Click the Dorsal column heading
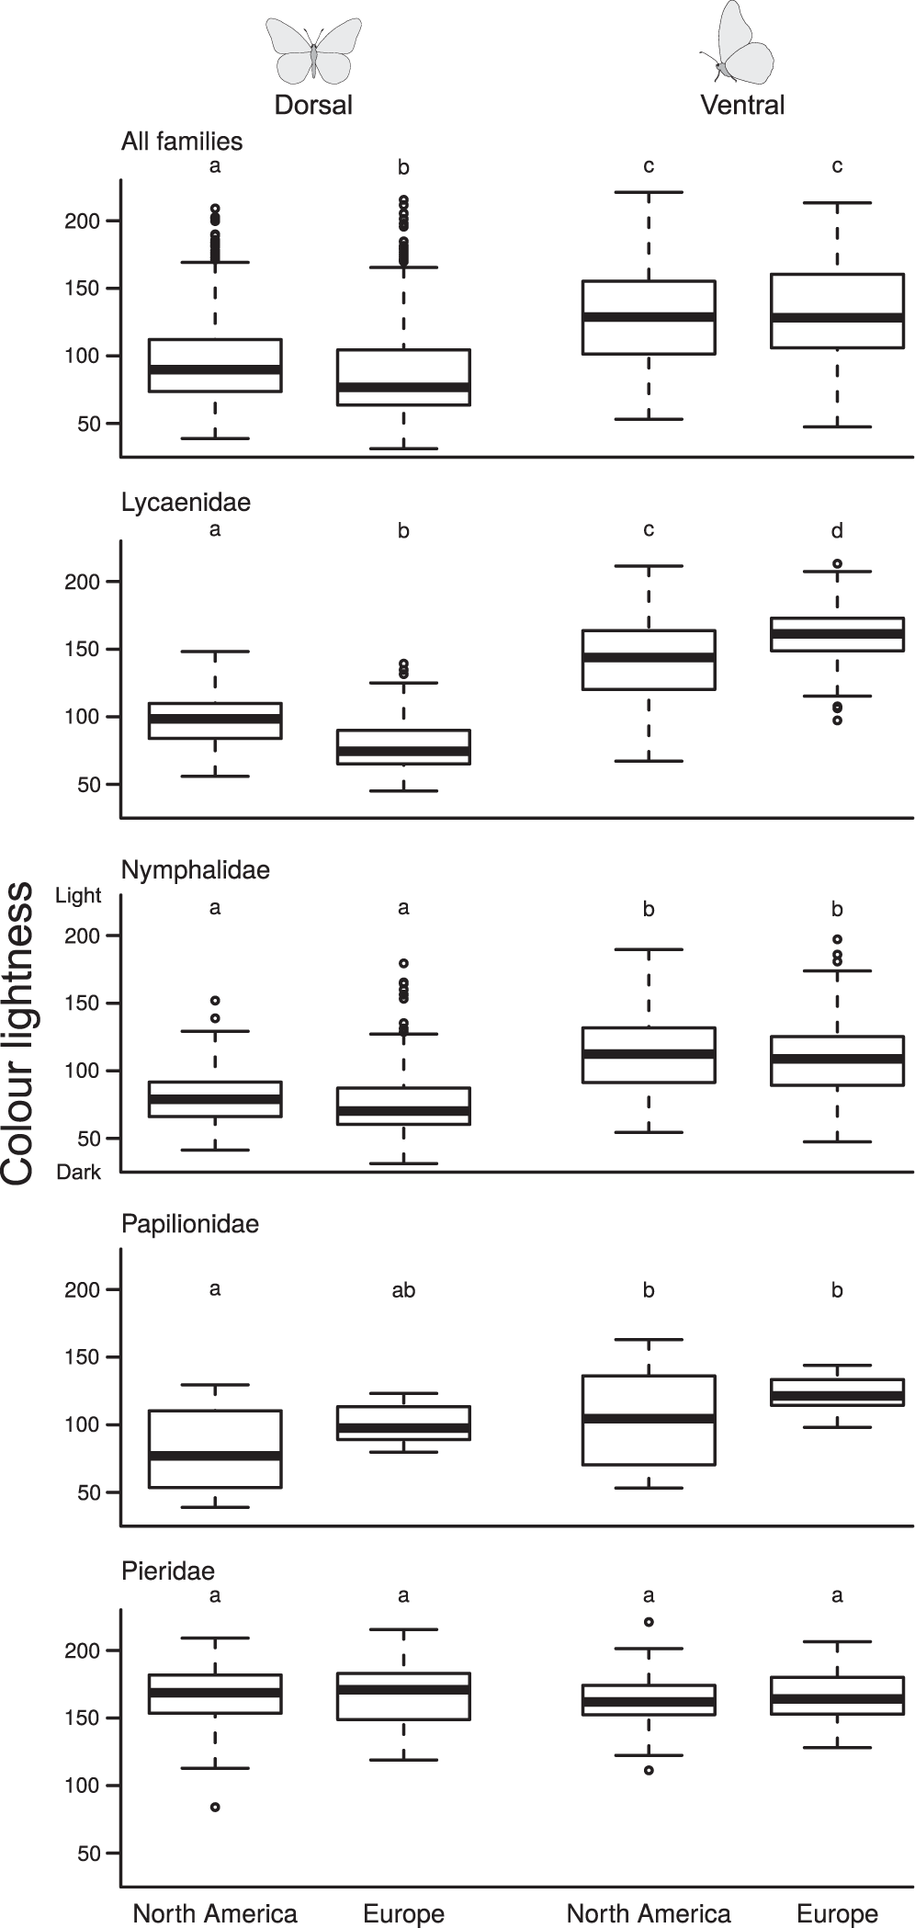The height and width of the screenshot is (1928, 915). pyautogui.click(x=313, y=105)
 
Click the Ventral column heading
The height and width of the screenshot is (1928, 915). pyautogui.click(x=742, y=105)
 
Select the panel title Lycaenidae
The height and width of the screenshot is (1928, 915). pyautogui.click(x=186, y=503)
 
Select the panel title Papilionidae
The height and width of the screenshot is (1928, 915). pyautogui.click(x=190, y=1224)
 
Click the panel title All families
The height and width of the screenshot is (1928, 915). pyautogui.click(x=182, y=142)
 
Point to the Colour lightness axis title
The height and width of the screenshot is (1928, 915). pyautogui.click(x=18, y=1033)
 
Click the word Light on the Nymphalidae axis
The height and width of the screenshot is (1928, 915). pyautogui.click(x=78, y=896)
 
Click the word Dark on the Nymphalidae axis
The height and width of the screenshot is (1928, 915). pyautogui.click(x=78, y=1173)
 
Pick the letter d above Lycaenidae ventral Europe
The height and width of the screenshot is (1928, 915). pyautogui.click(x=837, y=530)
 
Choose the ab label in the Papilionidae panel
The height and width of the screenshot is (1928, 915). pyautogui.click(x=403, y=1290)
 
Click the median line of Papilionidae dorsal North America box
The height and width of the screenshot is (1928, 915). pyautogui.click(x=215, y=1456)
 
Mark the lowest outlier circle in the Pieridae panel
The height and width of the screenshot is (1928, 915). pyautogui.click(x=215, y=1807)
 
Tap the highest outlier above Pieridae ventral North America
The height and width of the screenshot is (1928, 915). pyautogui.click(x=649, y=1622)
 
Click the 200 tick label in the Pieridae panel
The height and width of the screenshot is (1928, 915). pyautogui.click(x=81, y=1650)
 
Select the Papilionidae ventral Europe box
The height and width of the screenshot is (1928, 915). pyautogui.click(x=837, y=1393)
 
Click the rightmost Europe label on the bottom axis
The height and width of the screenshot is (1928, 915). pyautogui.click(x=837, y=1913)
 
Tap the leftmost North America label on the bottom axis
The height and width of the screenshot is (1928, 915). pyautogui.click(x=215, y=1913)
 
